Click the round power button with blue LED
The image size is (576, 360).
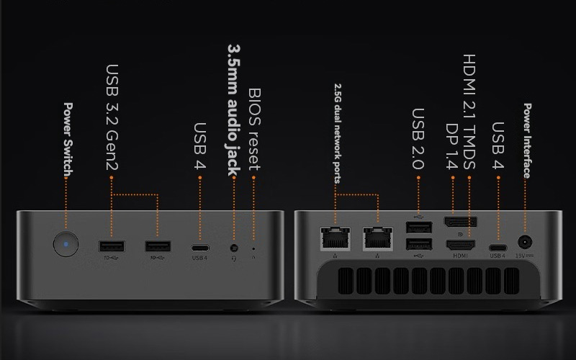[66, 244]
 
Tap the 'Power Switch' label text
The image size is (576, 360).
[68, 140]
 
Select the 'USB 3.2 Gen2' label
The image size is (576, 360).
[112, 117]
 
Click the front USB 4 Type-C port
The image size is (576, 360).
[200, 248]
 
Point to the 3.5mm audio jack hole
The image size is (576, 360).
[234, 248]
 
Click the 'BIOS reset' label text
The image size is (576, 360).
[254, 129]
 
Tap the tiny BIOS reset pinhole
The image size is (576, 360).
[253, 248]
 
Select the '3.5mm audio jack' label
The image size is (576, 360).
[233, 110]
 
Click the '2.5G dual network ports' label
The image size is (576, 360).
[337, 133]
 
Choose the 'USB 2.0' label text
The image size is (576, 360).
[418, 138]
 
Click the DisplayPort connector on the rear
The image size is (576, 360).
[461, 222]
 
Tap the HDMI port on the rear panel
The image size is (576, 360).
[460, 245]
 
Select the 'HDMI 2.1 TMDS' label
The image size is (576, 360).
[469, 112]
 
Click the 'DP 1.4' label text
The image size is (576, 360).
[452, 146]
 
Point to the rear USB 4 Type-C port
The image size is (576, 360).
[498, 248]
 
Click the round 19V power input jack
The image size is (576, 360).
[525, 243]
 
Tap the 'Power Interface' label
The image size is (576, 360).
[527, 140]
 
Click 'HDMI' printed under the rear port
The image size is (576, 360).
[460, 256]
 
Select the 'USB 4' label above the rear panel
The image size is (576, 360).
[498, 145]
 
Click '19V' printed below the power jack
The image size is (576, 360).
[520, 256]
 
